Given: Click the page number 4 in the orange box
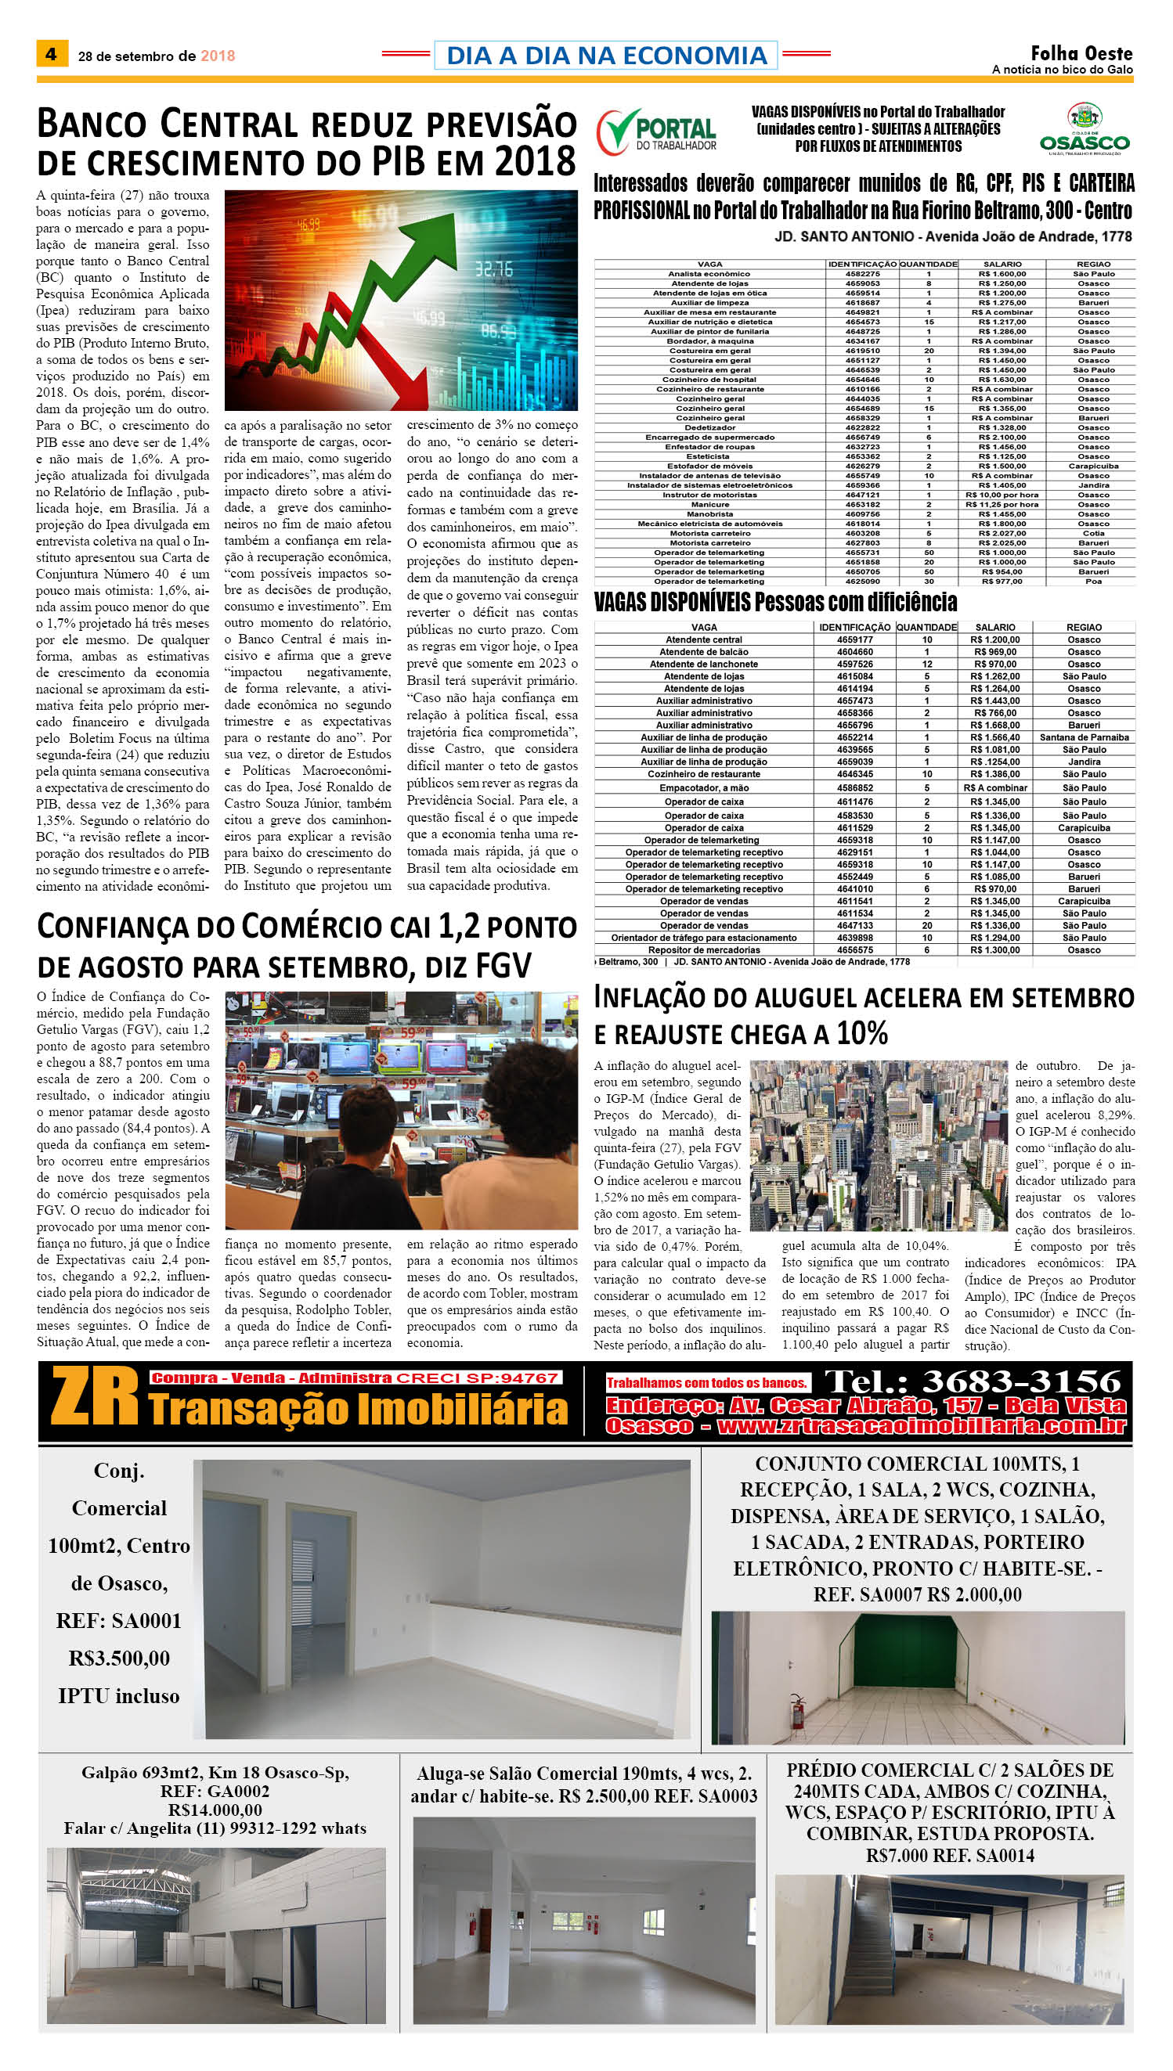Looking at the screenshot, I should pos(52,54).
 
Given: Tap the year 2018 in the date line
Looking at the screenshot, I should pos(218,56).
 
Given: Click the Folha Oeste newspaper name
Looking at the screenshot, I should pos(1081,54).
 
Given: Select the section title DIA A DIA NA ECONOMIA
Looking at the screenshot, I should pos(606,55).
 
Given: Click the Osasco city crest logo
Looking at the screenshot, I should pos(1085,128).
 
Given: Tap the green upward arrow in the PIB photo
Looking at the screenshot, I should pos(402,274).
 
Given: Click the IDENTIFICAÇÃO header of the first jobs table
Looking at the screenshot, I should pos(862,264).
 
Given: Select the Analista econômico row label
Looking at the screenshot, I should pos(709,274).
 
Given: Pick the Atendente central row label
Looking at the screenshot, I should pos(703,639).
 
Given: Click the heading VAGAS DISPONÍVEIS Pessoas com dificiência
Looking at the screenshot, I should pos(775,603).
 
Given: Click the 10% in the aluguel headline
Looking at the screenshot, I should pos(861,1033).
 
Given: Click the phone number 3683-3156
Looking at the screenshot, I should pos(1021,1381).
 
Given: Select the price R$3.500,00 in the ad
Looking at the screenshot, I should pos(119,1658).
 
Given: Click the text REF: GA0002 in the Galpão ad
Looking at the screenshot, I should pos(215,1792).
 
